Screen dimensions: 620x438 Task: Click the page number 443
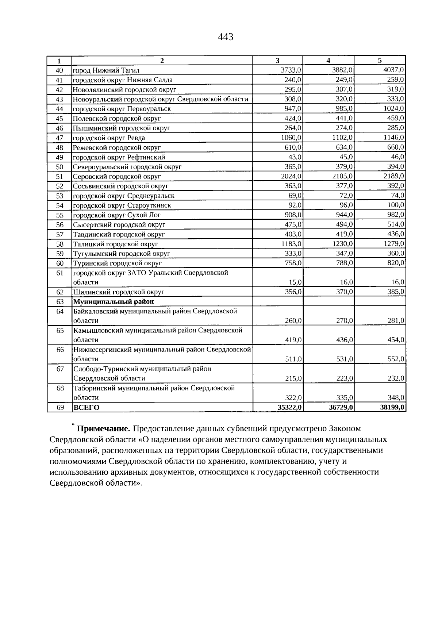click(225, 37)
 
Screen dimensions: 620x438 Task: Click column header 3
click(277, 61)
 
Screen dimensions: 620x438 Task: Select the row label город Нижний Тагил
click(106, 70)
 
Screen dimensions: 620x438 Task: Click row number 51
click(60, 177)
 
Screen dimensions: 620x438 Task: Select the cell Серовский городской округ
click(117, 177)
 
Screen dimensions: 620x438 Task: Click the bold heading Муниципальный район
click(114, 301)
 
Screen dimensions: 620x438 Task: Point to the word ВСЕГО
click(87, 408)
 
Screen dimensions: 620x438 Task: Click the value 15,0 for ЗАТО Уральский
click(296, 282)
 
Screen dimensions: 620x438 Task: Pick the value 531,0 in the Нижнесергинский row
click(345, 359)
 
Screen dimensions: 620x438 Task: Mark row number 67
click(60, 369)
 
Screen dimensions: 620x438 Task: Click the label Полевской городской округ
click(117, 119)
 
